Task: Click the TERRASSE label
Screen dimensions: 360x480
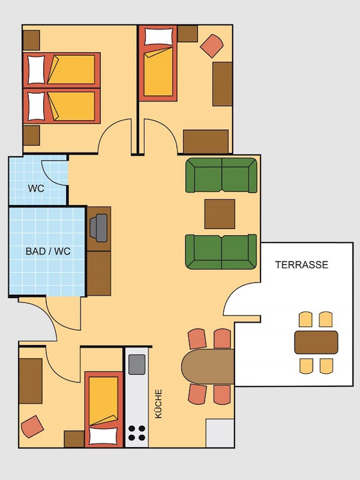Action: pos(301,265)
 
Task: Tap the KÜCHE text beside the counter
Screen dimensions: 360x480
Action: pos(158,404)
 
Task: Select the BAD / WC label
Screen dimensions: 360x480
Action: pos(48,251)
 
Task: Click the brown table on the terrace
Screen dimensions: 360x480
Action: pos(316,342)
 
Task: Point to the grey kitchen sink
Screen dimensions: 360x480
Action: pos(137,364)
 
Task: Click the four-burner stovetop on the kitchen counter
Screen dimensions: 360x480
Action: pos(137,433)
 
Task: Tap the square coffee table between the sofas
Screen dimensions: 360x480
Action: pos(220,214)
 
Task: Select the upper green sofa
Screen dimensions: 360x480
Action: pos(221,175)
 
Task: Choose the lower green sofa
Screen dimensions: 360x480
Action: pos(221,252)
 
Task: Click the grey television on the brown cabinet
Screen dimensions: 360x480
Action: pos(99,228)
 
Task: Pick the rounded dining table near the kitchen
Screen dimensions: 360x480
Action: pos(208,367)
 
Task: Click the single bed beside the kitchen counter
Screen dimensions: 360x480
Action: pos(104,409)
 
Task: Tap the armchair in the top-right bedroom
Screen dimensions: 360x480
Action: pos(211,45)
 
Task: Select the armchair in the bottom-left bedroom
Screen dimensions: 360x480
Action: pos(32,426)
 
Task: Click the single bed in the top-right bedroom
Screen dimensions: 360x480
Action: pos(158,63)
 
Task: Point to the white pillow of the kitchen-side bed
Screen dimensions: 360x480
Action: pos(103,436)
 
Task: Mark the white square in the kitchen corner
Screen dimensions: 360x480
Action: pos(220,433)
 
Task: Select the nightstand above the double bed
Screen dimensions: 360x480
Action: pos(31,40)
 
